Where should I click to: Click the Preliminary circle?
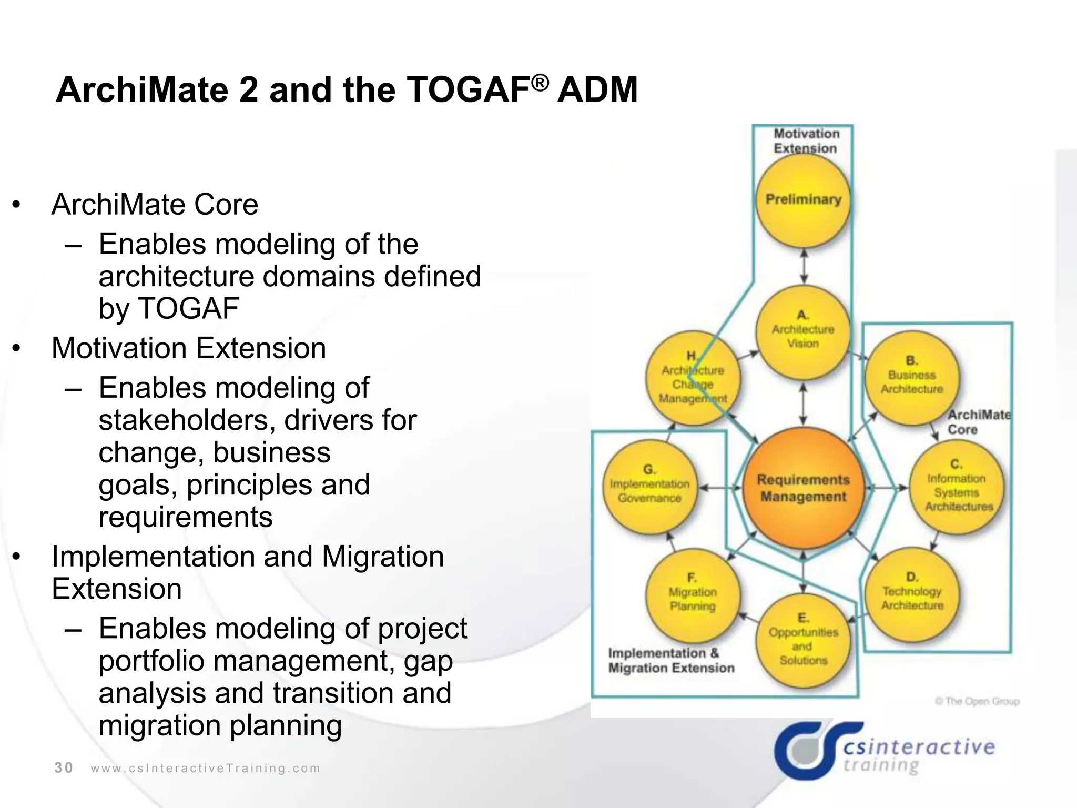click(803, 200)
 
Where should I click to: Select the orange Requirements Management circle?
click(803, 488)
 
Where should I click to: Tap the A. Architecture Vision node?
click(803, 332)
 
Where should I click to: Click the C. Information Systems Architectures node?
click(957, 487)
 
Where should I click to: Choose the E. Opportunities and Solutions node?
click(802, 641)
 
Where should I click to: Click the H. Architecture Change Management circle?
click(693, 378)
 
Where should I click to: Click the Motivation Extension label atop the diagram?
click(806, 141)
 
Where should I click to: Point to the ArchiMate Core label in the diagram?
click(978, 422)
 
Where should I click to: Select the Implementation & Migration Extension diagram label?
click(671, 661)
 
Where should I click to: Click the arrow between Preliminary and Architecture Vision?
click(804, 267)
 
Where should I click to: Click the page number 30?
click(64, 768)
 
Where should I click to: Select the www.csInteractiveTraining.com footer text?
click(206, 769)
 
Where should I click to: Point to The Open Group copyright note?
click(977, 701)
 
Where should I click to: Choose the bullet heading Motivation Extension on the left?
click(189, 348)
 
